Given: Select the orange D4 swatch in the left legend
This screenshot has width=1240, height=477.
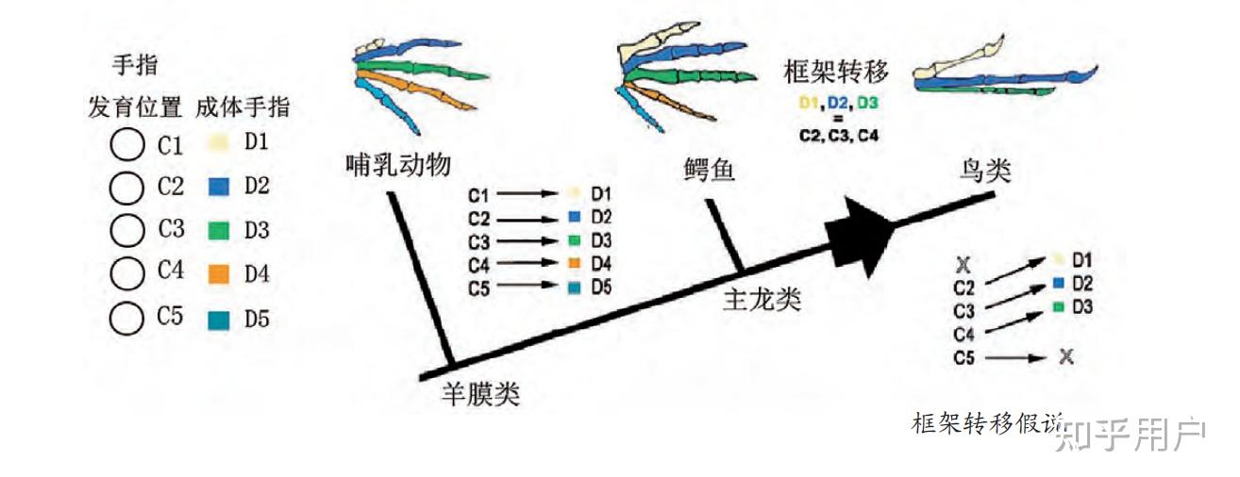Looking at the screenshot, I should click(218, 273).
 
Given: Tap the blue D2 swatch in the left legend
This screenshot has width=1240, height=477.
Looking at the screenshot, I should click(218, 187).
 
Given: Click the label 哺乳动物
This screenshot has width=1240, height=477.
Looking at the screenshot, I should click(396, 166).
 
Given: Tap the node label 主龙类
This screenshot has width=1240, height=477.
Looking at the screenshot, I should click(762, 300).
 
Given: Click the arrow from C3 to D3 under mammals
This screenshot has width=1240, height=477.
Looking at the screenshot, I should click(529, 240).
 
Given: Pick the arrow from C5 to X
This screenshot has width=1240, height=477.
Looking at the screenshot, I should click(1014, 358).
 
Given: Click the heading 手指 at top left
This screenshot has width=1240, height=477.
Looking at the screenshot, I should click(135, 65).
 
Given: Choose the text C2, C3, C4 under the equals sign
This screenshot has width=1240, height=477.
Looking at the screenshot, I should click(837, 135).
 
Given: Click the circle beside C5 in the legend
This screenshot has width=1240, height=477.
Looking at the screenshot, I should click(126, 317).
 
